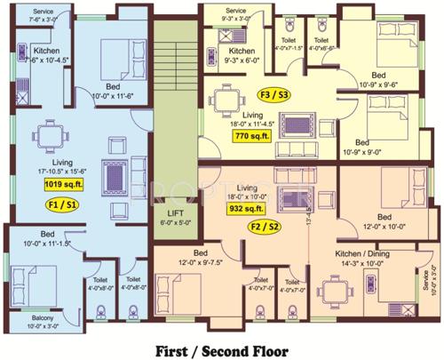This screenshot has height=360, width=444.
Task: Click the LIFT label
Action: (174, 214)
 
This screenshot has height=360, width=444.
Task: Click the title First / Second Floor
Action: (223, 345)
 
